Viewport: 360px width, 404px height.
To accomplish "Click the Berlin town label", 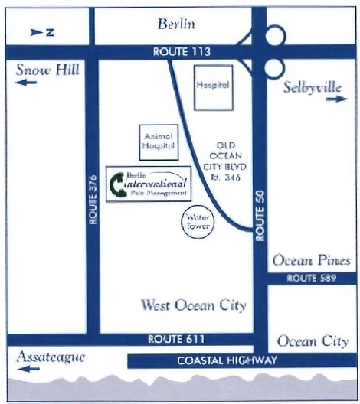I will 176,24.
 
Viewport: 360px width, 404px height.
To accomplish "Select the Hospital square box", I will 213,86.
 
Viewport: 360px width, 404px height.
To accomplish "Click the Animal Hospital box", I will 159,142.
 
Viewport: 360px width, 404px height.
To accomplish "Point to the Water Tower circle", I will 195,223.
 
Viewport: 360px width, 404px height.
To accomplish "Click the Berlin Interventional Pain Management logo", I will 148,183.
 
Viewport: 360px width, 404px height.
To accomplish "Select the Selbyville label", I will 312,87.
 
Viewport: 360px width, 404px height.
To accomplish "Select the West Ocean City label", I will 193,306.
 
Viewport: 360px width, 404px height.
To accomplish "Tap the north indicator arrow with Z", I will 41,32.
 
